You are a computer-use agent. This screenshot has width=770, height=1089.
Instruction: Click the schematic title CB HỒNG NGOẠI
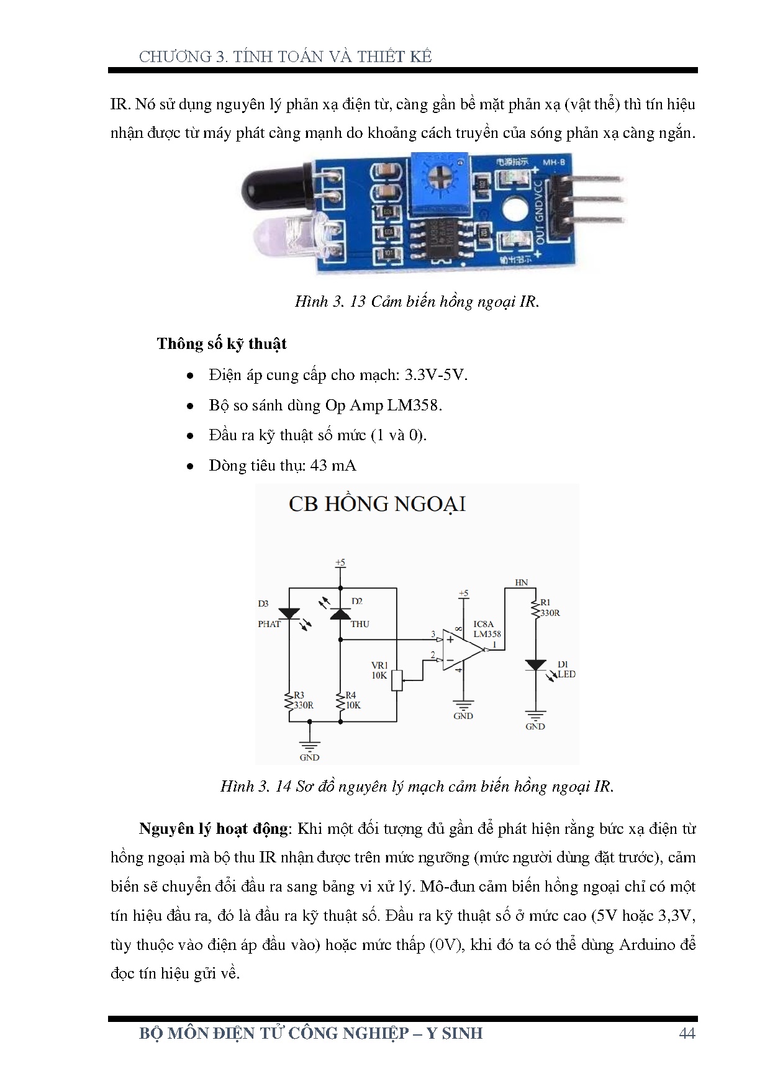(377, 504)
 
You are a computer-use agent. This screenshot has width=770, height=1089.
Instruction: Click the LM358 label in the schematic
(487, 634)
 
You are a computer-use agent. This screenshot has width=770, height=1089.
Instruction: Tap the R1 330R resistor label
(550, 608)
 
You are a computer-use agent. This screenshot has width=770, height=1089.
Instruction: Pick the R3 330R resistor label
(303, 700)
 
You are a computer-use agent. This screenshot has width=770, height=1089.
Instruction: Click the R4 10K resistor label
(353, 700)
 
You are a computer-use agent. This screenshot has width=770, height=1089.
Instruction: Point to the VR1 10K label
(379, 671)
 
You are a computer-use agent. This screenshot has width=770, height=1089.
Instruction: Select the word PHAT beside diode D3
(269, 624)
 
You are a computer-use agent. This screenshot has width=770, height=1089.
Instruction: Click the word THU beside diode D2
(360, 624)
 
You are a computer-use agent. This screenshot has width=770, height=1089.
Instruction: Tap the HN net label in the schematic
(522, 582)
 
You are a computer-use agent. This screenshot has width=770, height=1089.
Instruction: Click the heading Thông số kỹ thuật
(222, 344)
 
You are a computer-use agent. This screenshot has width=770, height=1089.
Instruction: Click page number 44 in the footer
(687, 1033)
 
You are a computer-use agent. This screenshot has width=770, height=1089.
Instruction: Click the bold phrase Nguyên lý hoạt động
(214, 829)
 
